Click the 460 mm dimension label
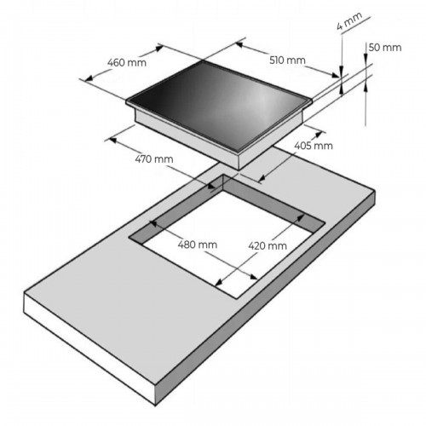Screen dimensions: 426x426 [127, 62]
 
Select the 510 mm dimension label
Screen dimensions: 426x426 [287, 60]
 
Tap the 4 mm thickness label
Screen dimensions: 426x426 [349, 21]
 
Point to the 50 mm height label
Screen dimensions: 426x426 [385, 48]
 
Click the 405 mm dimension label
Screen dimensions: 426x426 [314, 146]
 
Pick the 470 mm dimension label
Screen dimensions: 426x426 [154, 159]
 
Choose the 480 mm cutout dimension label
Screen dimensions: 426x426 [198, 245]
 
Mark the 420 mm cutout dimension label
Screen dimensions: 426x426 [268, 245]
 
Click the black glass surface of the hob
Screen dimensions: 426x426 [219, 105]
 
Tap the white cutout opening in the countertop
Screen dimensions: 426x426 [227, 245]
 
